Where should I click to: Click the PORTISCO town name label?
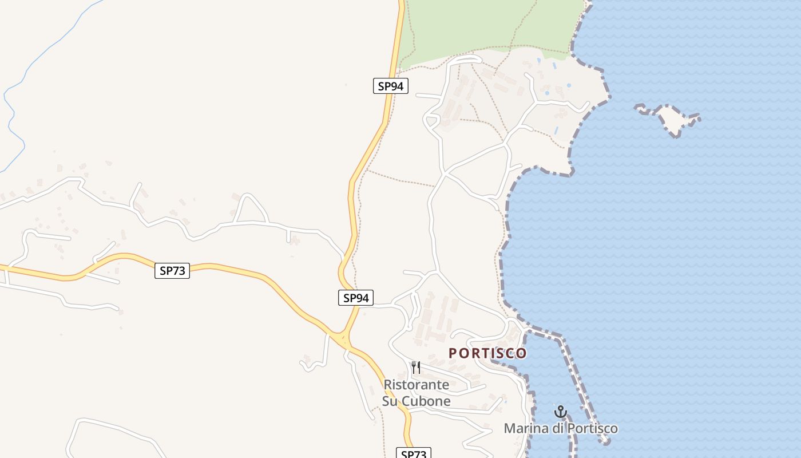[x=487, y=353]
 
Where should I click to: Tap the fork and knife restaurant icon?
[x=416, y=367]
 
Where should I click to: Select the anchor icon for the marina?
[x=561, y=412]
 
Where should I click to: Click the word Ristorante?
[x=416, y=385]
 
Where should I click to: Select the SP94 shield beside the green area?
[x=391, y=86]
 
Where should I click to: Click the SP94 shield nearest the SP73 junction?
[x=355, y=298]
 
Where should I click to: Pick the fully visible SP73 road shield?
[x=172, y=271]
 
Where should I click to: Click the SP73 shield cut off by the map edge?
[x=413, y=453]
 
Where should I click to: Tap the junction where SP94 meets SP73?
[x=344, y=339]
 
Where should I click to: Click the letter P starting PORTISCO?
[x=453, y=353]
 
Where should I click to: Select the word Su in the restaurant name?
[x=390, y=401]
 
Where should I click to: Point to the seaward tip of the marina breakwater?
[x=606, y=441]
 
